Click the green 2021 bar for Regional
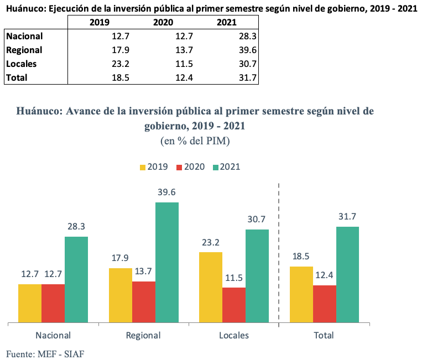pos(167,262)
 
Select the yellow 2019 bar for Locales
pos(211,287)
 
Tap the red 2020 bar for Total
pos(325,304)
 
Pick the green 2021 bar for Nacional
pos(76,279)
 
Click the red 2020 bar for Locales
pos(234,305)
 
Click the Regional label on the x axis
pos(143,335)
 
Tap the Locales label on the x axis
pos(234,335)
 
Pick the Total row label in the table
pos(17,78)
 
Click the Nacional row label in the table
pos(24,36)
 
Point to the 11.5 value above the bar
pos(234,278)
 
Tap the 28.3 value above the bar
pos(76,227)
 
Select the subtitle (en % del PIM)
pos(195,141)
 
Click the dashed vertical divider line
pos(279,254)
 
